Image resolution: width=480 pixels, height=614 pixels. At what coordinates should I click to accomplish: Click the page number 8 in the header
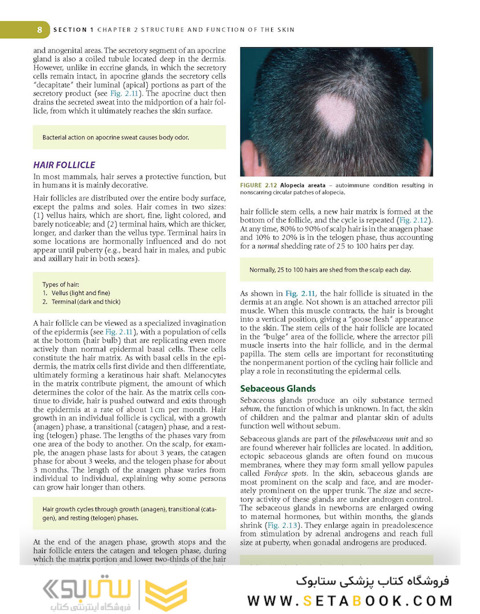point(39,30)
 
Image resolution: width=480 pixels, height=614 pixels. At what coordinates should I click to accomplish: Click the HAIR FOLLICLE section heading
point(64,165)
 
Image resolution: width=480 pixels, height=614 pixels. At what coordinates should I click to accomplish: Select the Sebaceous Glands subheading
point(278,389)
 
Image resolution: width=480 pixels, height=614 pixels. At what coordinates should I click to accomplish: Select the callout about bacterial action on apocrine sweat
point(115,138)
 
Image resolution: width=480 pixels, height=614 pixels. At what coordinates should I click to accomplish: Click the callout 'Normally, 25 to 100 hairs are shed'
point(330,270)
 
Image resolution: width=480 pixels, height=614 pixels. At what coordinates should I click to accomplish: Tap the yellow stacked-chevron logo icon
point(165,595)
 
